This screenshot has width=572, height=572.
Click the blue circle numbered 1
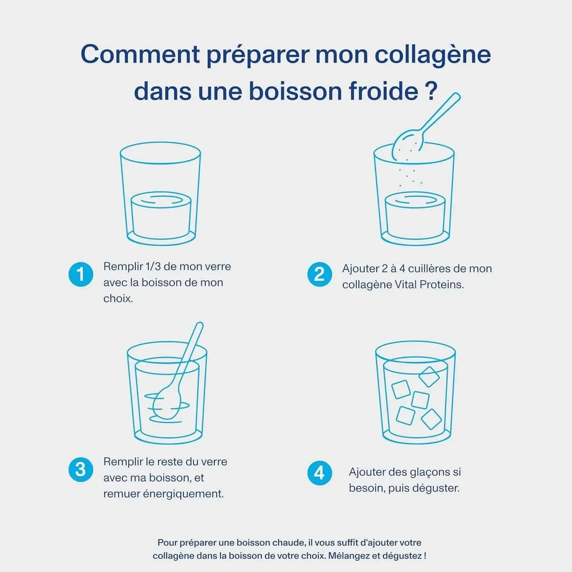tap(81, 275)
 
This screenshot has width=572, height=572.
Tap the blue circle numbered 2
tap(320, 275)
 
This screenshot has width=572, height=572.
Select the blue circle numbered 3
tap(81, 470)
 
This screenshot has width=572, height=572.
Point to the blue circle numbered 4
tap(320, 473)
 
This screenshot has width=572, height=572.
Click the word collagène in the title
tap(432, 55)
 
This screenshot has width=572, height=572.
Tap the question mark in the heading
tap(431, 91)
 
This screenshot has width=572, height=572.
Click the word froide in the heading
tap(383, 91)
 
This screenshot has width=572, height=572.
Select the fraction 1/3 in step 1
tap(153, 267)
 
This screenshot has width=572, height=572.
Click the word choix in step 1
tap(117, 299)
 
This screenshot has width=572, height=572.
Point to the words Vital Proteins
tap(429, 284)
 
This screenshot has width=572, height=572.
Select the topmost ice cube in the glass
tap(428, 376)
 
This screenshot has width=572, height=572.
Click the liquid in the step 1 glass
tap(161, 215)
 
